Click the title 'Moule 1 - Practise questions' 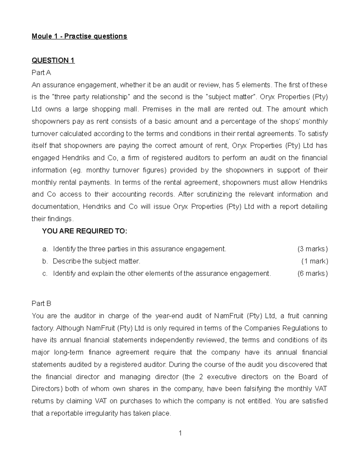[79, 36]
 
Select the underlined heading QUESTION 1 [53, 60]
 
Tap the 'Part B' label [41, 303]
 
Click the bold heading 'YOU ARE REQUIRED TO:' [85, 231]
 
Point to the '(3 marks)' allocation [313, 249]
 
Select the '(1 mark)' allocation [314, 261]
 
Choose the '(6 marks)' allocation [313, 273]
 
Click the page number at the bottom [180, 433]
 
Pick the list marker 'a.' [45, 249]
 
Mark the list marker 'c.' [45, 273]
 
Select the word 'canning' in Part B [315, 316]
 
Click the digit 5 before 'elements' [238, 85]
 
